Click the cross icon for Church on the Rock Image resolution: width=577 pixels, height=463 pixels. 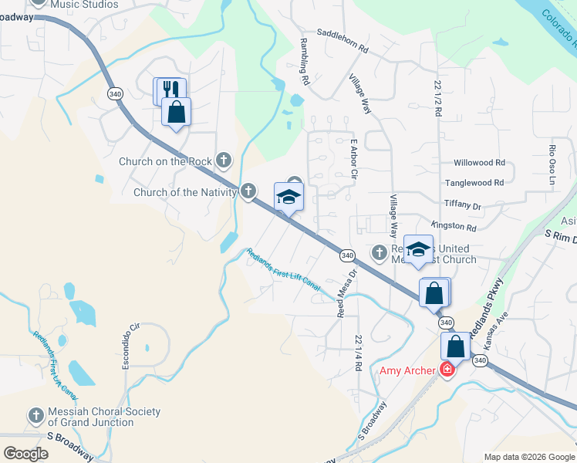click(x=223, y=161)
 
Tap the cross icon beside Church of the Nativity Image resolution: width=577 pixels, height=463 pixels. click(x=248, y=190)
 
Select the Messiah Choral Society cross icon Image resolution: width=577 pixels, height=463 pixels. click(x=35, y=415)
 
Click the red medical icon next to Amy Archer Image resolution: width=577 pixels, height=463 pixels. click(x=446, y=370)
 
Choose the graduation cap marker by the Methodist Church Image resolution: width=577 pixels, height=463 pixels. click(x=418, y=249)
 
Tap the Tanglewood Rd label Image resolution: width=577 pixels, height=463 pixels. click(x=474, y=183)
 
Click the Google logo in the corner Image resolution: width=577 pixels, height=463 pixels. click(x=26, y=454)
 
